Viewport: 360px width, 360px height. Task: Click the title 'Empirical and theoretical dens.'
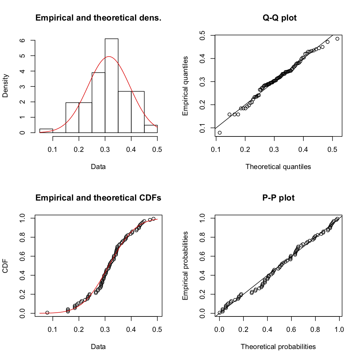pyautogui.click(x=98, y=18)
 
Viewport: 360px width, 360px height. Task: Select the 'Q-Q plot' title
pyautogui.click(x=277, y=18)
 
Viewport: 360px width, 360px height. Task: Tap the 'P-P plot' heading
pyautogui.click(x=277, y=198)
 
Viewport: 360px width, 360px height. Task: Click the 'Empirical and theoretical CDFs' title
pyautogui.click(x=98, y=198)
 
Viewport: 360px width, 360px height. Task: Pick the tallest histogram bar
pyautogui.click(x=111, y=86)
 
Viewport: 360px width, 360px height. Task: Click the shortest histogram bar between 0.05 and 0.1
pyautogui.click(x=46, y=131)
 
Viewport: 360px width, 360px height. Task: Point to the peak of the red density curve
pyautogui.click(x=109, y=57)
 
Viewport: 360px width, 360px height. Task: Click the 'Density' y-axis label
pyautogui.click(x=5, y=86)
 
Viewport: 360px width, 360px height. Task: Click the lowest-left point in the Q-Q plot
pyautogui.click(x=219, y=133)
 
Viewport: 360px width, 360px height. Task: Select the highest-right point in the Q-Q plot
pyautogui.click(x=337, y=39)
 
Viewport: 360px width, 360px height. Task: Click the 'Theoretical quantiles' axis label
pyautogui.click(x=278, y=167)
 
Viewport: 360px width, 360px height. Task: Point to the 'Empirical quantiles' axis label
pyautogui.click(x=185, y=86)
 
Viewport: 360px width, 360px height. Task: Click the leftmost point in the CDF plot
pyautogui.click(x=47, y=313)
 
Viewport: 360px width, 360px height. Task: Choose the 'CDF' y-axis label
pyautogui.click(x=5, y=266)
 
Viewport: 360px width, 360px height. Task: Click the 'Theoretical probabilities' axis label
pyautogui.click(x=278, y=347)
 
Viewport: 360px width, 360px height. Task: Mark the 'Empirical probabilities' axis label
pyautogui.click(x=185, y=266)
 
